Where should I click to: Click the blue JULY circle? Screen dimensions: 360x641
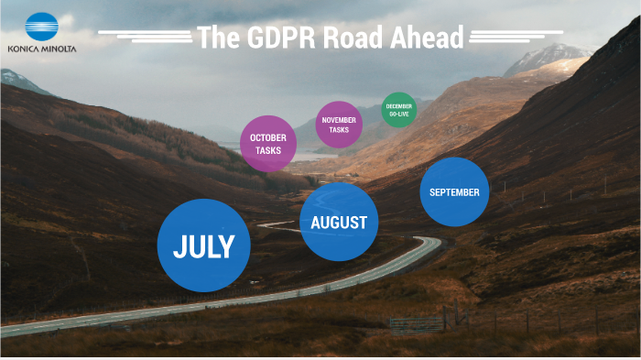click(x=203, y=245)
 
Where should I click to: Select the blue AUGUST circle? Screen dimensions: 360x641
click(x=339, y=222)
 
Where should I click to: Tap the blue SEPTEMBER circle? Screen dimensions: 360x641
click(x=454, y=191)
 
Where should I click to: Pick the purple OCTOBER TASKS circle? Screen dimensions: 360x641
click(x=268, y=144)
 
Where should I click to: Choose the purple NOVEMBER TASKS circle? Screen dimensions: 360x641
click(x=339, y=124)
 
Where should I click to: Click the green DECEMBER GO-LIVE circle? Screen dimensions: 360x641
click(x=398, y=110)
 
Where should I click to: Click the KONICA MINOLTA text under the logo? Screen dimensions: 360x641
click(x=40, y=47)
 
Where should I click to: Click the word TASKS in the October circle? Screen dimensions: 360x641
click(x=268, y=150)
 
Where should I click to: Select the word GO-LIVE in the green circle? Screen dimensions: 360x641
click(x=398, y=115)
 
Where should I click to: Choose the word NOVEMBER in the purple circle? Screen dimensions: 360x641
click(x=339, y=119)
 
